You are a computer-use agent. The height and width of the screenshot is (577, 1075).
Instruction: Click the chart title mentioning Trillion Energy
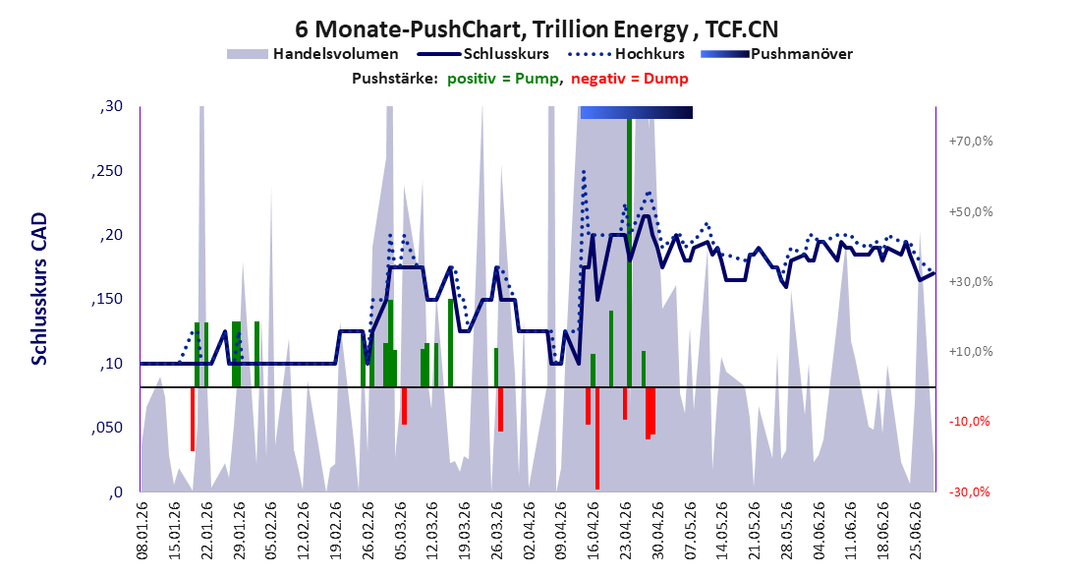(x=537, y=29)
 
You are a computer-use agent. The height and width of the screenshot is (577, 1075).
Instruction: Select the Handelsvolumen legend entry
(x=312, y=54)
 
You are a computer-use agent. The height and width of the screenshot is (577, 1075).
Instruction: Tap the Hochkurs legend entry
(x=627, y=54)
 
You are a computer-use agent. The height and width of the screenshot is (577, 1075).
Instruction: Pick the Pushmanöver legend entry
(x=776, y=54)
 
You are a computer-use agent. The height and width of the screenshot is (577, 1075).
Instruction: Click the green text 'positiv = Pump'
(x=503, y=79)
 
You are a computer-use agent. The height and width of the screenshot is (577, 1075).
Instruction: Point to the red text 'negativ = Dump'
(x=629, y=79)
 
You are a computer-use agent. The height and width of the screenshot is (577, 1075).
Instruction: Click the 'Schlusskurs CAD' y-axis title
(x=39, y=289)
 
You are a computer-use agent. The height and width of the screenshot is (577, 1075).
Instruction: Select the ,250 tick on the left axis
(x=107, y=171)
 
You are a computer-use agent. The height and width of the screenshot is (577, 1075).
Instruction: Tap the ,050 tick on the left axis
(x=107, y=429)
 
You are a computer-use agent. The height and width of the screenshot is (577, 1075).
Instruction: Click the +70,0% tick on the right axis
(x=971, y=142)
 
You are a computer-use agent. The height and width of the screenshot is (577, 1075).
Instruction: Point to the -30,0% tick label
(x=971, y=491)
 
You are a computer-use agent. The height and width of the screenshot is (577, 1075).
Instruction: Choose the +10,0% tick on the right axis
(x=971, y=352)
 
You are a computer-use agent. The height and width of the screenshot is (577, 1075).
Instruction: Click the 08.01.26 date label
(x=142, y=531)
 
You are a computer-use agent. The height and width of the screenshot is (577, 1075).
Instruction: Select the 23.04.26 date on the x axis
(x=626, y=531)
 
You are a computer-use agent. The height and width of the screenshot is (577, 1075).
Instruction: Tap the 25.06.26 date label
(x=916, y=531)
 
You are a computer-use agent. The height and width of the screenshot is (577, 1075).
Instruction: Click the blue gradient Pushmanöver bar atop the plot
(x=636, y=112)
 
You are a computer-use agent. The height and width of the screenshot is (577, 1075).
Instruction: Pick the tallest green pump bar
(x=629, y=253)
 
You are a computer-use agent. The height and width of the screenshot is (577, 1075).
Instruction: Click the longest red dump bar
(x=597, y=438)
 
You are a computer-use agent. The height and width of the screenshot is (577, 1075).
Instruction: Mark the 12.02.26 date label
(x=304, y=531)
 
